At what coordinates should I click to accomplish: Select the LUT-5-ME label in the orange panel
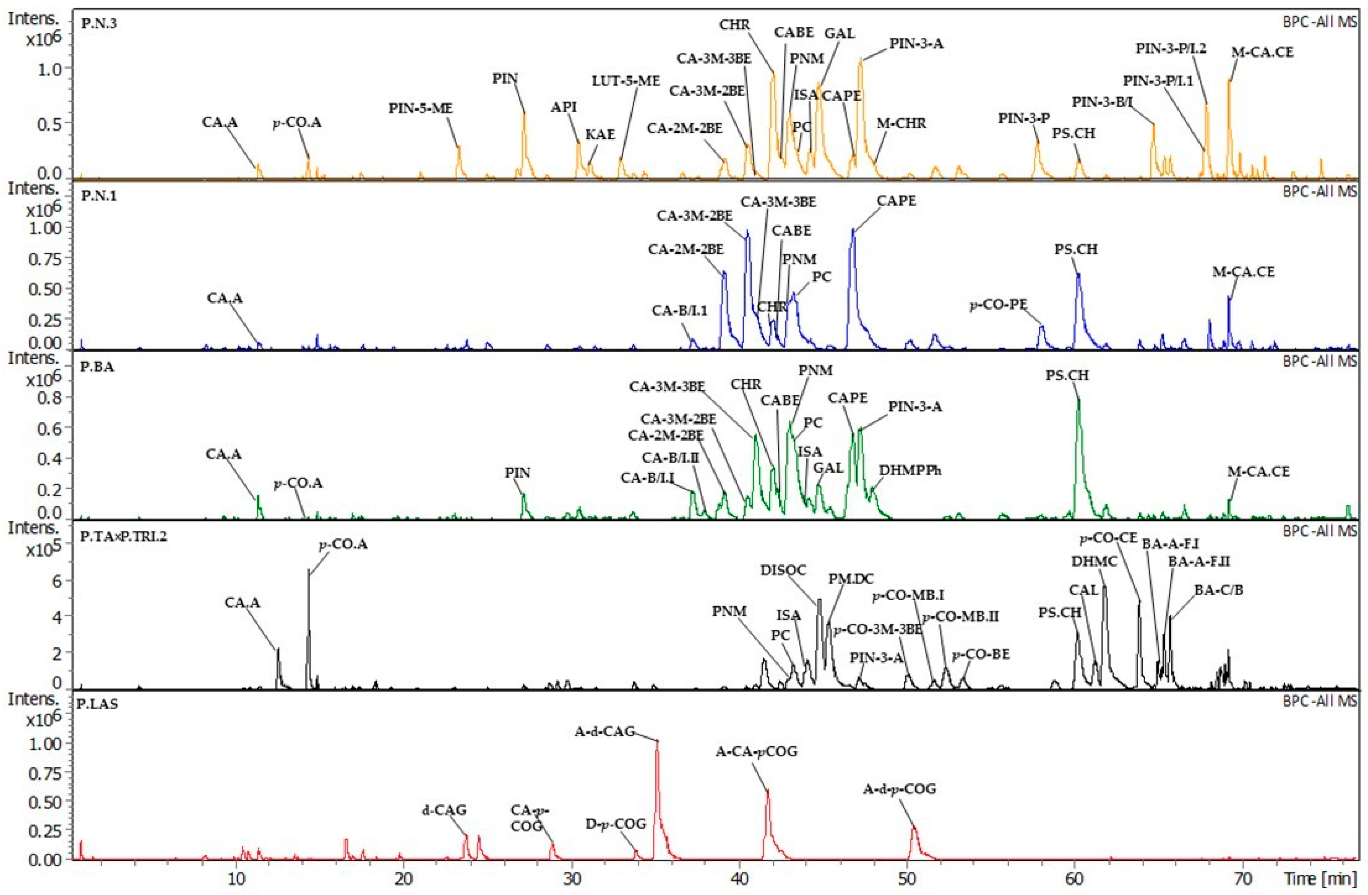[x=626, y=80]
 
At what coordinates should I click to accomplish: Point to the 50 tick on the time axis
[x=907, y=879]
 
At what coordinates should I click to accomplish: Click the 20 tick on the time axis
[x=403, y=879]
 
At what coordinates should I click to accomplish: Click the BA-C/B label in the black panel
[x=1218, y=590]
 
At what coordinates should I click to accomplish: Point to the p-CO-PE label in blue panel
[x=998, y=305]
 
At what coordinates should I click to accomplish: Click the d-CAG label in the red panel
[x=444, y=810]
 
